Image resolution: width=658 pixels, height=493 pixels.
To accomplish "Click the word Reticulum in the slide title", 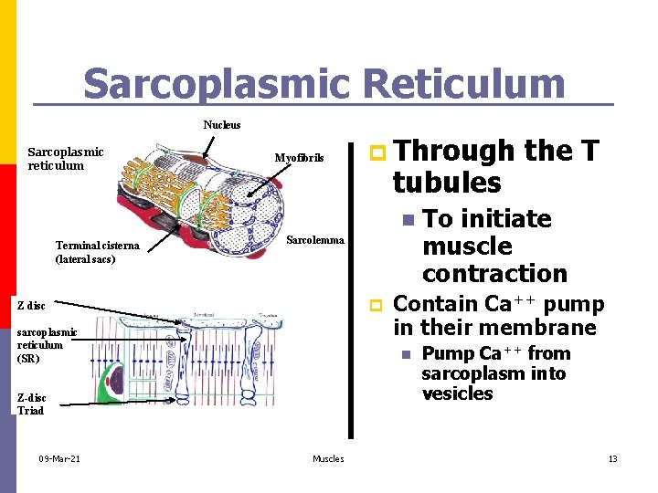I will (463, 84).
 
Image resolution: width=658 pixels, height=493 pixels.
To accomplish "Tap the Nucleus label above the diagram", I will (222, 125).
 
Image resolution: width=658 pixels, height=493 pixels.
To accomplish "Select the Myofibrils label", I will (299, 158).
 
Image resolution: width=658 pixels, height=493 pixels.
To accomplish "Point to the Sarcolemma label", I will (315, 240).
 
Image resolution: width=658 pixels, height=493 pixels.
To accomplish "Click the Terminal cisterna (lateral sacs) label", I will (98, 252).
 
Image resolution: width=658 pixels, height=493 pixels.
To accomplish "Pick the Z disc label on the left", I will (31, 305).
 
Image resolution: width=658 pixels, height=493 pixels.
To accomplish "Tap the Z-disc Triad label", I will (31, 404).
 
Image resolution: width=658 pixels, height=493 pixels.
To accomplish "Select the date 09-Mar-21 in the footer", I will (59, 458).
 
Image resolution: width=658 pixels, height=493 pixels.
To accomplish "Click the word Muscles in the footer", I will (328, 458).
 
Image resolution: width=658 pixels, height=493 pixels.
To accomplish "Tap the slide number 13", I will (613, 458).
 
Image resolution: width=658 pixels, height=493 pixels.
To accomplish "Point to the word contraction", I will (494, 273).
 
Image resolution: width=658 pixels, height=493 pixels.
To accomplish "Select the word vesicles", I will (457, 393).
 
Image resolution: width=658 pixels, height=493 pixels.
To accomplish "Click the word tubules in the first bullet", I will (447, 183).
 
